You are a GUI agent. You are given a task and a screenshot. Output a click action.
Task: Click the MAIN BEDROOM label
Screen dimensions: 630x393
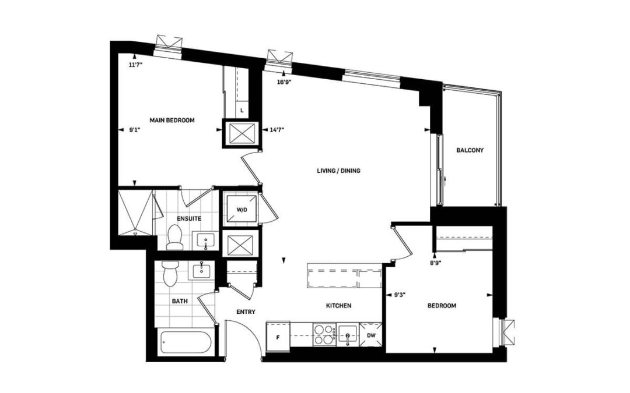click(x=172, y=121)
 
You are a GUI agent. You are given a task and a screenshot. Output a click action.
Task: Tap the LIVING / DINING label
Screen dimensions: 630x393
click(x=339, y=171)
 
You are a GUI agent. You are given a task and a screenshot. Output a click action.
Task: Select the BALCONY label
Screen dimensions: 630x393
click(x=470, y=150)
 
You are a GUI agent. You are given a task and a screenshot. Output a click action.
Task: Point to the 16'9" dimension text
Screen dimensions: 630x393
click(x=284, y=82)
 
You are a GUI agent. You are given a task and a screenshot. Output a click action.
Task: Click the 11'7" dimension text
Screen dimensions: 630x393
click(x=136, y=65)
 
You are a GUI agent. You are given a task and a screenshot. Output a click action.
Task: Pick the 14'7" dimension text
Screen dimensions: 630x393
click(x=277, y=129)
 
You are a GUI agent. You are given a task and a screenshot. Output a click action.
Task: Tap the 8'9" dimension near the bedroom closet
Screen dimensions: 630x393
click(x=436, y=263)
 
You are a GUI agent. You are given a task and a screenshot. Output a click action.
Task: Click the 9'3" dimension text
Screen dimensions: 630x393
click(x=399, y=295)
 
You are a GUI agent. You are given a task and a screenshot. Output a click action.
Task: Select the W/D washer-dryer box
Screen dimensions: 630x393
click(x=242, y=208)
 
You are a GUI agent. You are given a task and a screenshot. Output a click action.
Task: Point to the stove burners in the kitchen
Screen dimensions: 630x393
click(x=325, y=334)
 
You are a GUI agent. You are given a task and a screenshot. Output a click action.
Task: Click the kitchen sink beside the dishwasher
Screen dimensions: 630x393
click(x=348, y=334)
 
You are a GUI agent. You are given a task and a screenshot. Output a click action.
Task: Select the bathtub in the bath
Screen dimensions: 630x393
click(x=185, y=343)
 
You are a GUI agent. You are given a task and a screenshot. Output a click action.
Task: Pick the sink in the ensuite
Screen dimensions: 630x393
click(x=206, y=240)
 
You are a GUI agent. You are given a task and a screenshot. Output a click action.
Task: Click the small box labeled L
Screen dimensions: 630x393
click(x=242, y=110)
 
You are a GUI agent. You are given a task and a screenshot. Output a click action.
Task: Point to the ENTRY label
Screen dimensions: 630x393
click(x=246, y=312)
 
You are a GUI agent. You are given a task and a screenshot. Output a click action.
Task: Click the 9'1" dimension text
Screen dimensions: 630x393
click(x=134, y=130)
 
